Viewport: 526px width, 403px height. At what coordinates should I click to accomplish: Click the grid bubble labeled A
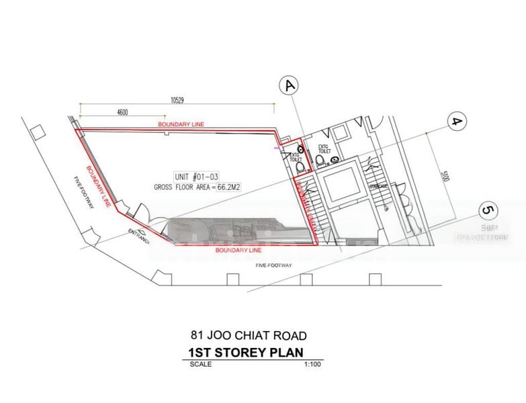click(290, 85)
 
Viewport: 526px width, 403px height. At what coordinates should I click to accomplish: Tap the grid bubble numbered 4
click(457, 123)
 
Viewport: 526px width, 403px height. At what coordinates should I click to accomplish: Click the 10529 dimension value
click(177, 100)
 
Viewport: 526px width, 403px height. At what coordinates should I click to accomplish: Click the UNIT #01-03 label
click(195, 176)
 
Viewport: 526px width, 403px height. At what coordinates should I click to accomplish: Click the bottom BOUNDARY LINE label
click(238, 250)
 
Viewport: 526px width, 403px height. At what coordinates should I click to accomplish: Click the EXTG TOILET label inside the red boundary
click(294, 156)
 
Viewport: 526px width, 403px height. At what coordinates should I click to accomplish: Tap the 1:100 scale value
click(310, 364)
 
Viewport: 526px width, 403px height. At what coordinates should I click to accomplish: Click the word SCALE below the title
click(200, 364)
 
